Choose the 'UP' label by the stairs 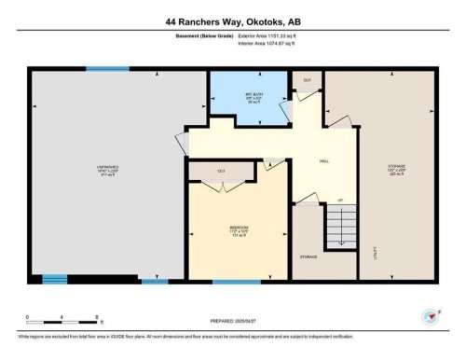(340, 201)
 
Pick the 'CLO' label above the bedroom (221, 171)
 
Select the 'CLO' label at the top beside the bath (306, 81)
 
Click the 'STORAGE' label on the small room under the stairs (308, 256)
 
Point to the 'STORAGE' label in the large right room (396, 168)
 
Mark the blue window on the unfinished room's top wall (107, 68)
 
